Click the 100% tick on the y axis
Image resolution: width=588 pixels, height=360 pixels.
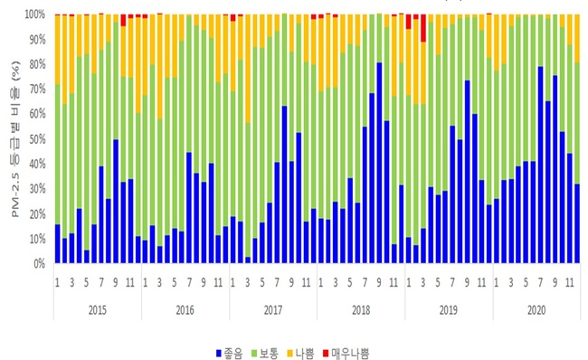[35, 14]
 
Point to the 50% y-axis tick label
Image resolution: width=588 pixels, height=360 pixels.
[37, 139]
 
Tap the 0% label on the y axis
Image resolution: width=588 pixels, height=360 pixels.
[40, 264]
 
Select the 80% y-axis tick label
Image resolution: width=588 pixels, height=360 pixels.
[37, 64]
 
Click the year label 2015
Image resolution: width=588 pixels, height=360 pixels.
[97, 308]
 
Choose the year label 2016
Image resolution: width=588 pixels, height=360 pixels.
[185, 308]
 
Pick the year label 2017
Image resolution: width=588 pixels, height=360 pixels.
[272, 308]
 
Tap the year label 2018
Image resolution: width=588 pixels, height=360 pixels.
[360, 308]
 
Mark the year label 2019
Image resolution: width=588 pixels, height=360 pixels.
[448, 308]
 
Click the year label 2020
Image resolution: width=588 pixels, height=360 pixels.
[536, 308]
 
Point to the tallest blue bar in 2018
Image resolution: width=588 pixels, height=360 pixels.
[379, 163]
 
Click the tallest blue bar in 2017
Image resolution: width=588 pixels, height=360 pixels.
[284, 185]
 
